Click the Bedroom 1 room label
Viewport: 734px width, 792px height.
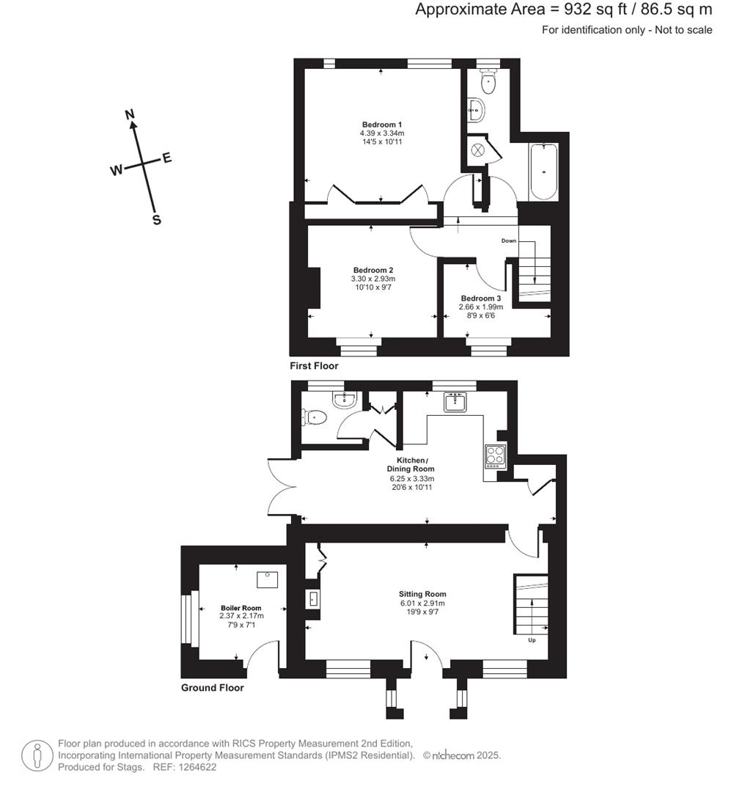[381, 124]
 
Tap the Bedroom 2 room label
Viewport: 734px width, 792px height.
[372, 269]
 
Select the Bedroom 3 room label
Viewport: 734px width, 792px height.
[481, 298]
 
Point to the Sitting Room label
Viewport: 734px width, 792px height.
[422, 594]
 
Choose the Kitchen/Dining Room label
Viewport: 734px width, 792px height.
[411, 463]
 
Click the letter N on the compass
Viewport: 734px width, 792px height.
[131, 114]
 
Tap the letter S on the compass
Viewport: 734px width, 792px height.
[156, 220]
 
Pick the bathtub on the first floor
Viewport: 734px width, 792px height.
[543, 172]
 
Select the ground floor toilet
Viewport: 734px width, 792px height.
[315, 417]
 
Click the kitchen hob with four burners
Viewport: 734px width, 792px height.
[494, 456]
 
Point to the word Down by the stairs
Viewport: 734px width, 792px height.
[509, 241]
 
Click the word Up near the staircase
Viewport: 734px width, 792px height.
[531, 640]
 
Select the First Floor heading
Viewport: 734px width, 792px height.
[315, 365]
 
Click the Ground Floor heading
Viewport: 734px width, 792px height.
[213, 688]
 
